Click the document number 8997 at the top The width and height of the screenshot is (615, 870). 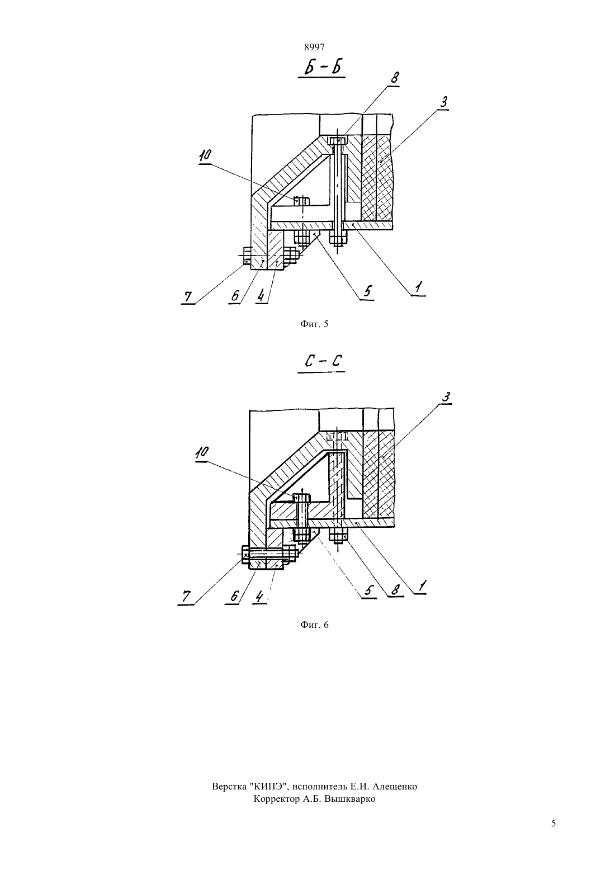314,47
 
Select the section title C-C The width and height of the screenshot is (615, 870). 322,362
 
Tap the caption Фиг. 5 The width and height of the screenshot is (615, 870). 314,324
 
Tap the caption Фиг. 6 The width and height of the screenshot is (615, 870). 314,625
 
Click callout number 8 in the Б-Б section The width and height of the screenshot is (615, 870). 394,78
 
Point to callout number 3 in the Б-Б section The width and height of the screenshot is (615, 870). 443,102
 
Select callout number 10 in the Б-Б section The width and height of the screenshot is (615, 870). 205,156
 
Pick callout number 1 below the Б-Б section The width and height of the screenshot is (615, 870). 419,288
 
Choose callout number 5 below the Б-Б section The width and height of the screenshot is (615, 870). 368,291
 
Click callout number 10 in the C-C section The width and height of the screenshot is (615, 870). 202,452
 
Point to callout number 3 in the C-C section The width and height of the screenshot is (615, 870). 446,398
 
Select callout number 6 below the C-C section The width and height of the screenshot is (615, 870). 234,596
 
